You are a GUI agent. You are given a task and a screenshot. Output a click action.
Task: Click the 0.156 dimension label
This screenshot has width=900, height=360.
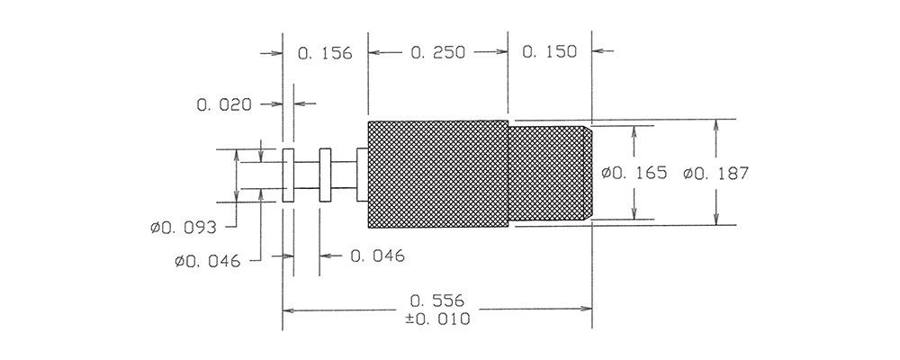(x=324, y=53)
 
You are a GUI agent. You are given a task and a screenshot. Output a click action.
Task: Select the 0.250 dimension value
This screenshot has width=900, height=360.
(x=438, y=53)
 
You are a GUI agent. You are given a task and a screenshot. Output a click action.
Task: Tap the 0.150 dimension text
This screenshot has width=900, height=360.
(x=549, y=51)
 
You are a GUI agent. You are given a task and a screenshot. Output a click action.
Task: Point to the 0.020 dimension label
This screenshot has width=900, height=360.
(x=224, y=105)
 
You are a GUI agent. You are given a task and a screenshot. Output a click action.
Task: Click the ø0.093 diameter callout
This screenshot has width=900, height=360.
(x=184, y=228)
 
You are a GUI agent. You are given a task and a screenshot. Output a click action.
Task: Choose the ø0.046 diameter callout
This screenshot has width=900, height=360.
(x=208, y=262)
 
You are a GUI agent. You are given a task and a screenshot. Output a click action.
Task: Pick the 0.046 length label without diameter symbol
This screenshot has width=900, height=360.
(x=377, y=256)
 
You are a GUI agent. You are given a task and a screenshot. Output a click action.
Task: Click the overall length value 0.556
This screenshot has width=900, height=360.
(x=438, y=301)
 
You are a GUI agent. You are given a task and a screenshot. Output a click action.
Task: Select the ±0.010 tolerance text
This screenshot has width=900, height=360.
(x=438, y=319)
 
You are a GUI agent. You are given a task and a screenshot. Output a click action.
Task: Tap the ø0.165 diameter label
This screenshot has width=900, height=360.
(x=634, y=172)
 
